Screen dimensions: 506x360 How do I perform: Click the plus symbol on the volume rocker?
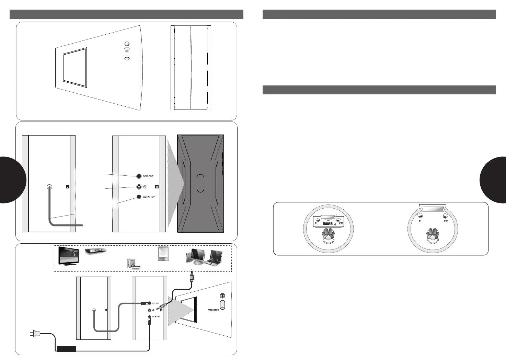(x=127, y=51)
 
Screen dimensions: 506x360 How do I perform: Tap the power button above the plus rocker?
(x=127, y=44)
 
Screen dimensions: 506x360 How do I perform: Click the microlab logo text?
(x=213, y=310)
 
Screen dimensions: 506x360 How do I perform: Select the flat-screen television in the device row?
(x=68, y=255)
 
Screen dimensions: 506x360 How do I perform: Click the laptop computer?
(x=214, y=258)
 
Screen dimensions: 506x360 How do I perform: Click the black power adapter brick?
(x=66, y=349)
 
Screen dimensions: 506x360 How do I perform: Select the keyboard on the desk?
(x=328, y=223)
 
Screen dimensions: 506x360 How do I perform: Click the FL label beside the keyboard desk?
(x=317, y=223)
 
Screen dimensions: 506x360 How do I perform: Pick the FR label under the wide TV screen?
(x=446, y=221)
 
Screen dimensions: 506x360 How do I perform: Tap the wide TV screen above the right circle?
(x=433, y=208)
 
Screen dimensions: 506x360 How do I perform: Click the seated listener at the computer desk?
(x=329, y=235)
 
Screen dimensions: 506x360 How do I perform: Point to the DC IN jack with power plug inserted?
(x=149, y=317)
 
